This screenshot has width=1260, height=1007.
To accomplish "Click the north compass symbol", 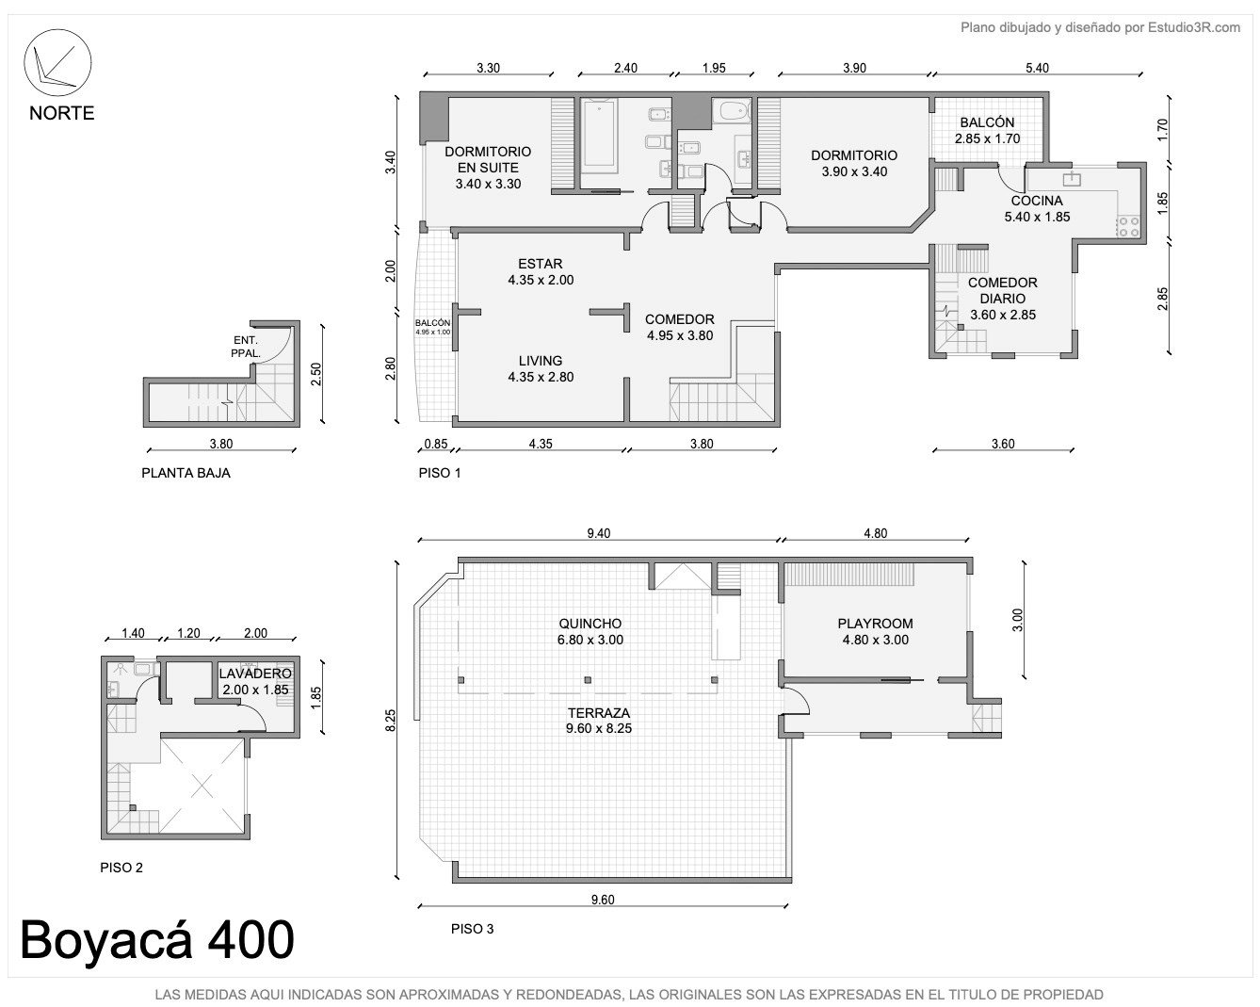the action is pos(57,63).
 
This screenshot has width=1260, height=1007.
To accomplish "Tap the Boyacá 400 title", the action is pos(157,939).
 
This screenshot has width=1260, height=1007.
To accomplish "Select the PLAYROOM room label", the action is pos(876,624).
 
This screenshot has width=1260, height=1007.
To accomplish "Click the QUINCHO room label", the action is pos(590,624).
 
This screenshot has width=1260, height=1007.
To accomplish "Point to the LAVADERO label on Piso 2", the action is pos(255,674).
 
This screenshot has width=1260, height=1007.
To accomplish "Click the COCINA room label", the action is pos(1037,201).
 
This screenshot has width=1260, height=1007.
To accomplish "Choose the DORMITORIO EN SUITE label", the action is pos(488,159).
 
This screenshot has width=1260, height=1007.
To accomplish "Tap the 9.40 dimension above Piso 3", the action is pos(598,533).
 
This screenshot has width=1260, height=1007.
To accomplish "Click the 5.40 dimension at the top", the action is pos(1037,68).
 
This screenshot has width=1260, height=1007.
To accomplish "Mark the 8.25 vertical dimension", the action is pos(391,720).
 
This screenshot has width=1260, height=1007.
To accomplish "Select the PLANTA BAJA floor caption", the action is pos(186,473).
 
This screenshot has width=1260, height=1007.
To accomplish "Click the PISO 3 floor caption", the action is pos(472,929).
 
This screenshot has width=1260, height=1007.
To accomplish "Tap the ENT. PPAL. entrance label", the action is pos(246,347).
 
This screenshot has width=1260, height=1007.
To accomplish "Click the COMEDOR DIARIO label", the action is pos(1002,290).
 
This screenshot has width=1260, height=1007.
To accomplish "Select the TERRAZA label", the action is pos(598,713).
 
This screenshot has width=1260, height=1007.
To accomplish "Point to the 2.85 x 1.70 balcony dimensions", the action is pos(987,138).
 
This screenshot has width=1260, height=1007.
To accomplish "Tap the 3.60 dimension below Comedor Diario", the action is pos(1002,444).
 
